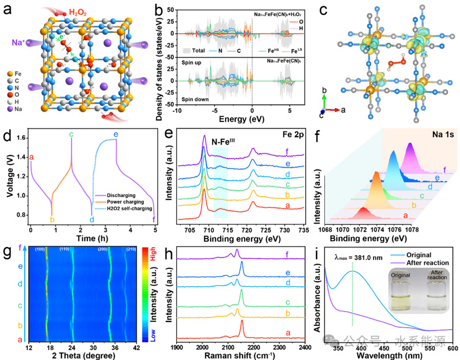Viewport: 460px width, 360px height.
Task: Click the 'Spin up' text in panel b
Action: pyautogui.click(x=178, y=68)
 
